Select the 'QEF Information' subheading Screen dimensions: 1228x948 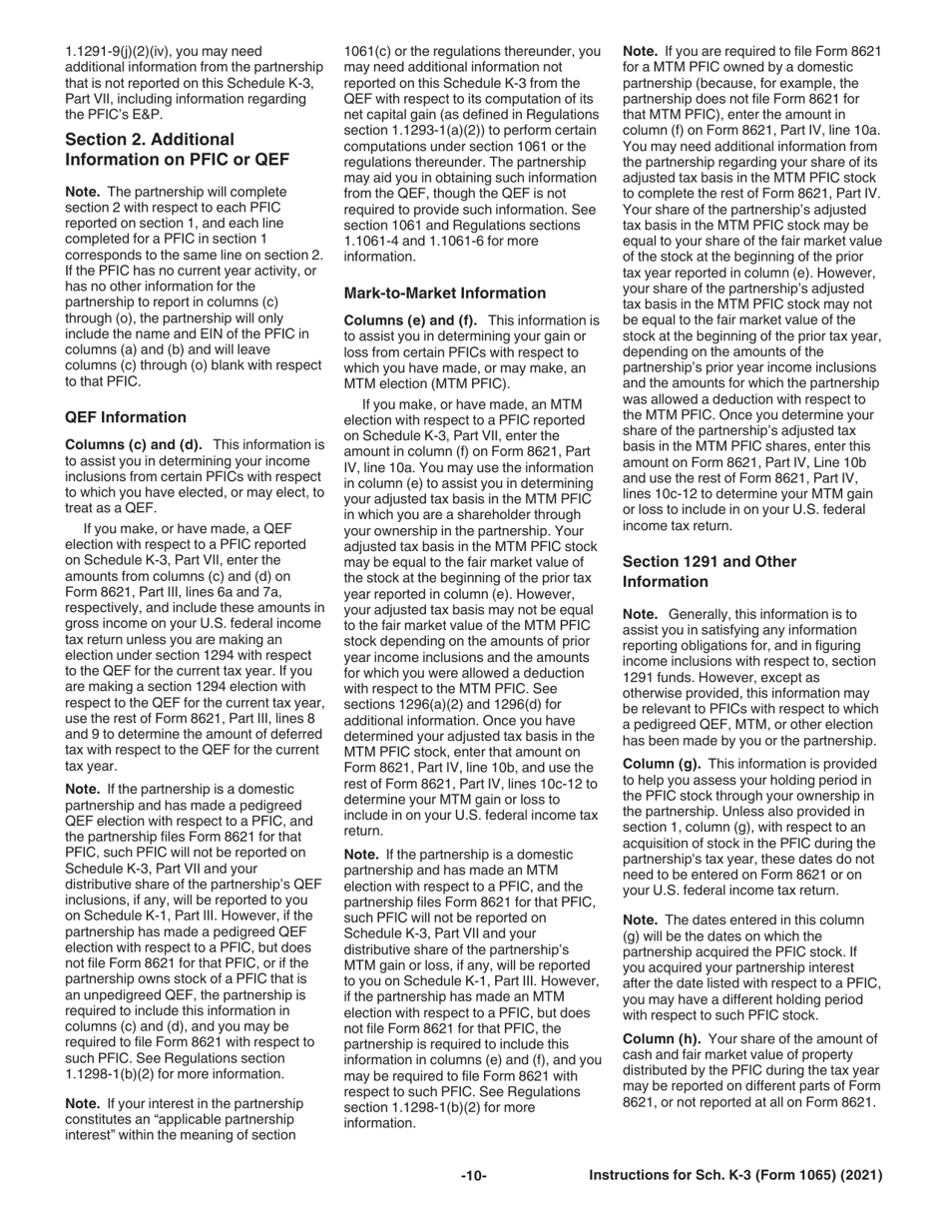tap(126, 417)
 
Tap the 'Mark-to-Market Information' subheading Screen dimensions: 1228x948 tap(445, 293)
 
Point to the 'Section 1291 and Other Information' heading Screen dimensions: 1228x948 tap(710, 571)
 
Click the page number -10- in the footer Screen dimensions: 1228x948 tap(473, 1176)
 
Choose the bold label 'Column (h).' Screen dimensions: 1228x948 tap(662, 1038)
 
